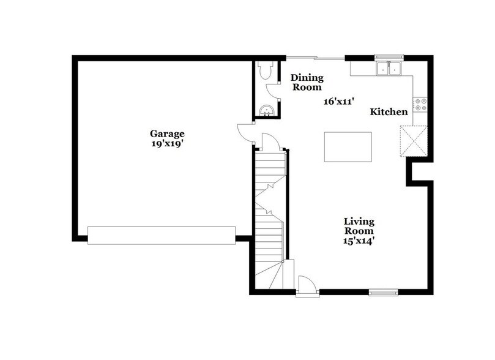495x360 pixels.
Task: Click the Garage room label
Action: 167,133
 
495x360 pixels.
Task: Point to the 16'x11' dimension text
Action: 341,102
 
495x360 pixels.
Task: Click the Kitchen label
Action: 389,112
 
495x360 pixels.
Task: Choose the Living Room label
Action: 359,226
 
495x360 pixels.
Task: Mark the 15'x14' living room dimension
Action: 359,241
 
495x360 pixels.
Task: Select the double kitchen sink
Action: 388,68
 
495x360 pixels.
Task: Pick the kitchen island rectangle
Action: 348,147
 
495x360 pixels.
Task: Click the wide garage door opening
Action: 162,235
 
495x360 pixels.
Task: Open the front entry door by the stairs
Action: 306,286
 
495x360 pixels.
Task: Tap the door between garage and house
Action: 245,133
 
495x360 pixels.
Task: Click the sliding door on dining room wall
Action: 316,58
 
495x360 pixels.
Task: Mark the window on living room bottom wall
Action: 383,292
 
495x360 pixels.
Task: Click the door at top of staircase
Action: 270,143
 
